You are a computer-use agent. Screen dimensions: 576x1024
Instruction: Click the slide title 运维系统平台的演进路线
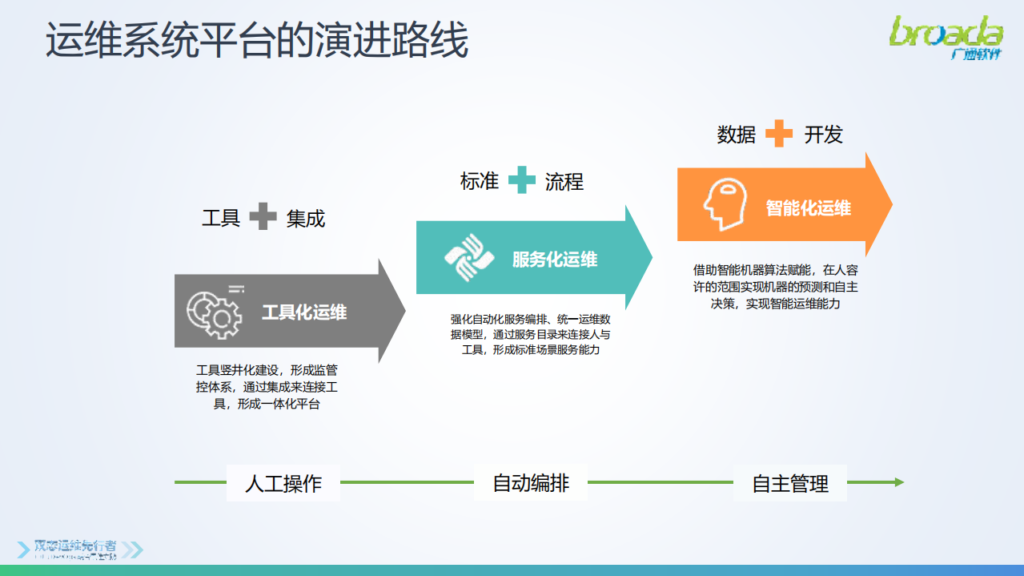click(x=256, y=41)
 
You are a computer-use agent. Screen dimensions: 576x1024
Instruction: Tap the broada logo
click(x=946, y=37)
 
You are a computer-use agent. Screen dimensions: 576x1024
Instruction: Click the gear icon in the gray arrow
click(x=214, y=312)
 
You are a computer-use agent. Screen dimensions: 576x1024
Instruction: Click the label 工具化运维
click(x=304, y=312)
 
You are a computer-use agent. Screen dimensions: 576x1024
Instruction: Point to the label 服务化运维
click(x=554, y=260)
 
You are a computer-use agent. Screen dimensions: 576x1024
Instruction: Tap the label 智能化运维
click(x=808, y=208)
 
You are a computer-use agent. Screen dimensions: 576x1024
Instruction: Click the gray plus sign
click(x=263, y=216)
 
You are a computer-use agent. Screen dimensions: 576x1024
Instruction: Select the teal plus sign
click(x=522, y=180)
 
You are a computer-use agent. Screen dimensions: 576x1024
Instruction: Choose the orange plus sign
click(x=779, y=134)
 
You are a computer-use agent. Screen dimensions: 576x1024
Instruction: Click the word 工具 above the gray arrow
click(x=221, y=218)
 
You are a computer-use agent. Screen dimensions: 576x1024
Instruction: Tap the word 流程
click(x=564, y=182)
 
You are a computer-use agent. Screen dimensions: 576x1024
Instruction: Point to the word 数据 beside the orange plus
click(x=737, y=135)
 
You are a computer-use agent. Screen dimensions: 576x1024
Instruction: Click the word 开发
click(x=824, y=135)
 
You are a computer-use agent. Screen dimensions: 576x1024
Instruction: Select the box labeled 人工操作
click(x=283, y=483)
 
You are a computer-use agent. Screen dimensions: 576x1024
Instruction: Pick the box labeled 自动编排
click(x=531, y=482)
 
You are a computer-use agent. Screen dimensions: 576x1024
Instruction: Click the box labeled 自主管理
click(x=790, y=483)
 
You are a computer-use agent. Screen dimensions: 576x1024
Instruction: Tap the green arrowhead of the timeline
click(x=899, y=482)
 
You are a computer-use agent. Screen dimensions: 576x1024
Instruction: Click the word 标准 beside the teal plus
click(x=480, y=182)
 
